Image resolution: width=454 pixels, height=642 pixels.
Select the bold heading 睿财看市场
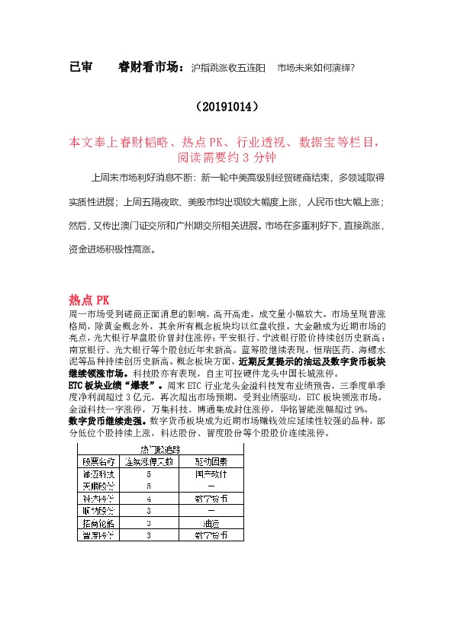point(151,68)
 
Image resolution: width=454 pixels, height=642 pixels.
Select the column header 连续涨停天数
point(150,462)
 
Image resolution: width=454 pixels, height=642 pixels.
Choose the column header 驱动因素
point(211,462)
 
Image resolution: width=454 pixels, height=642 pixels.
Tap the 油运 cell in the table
point(211,524)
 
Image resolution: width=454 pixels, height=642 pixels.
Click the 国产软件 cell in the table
point(211,473)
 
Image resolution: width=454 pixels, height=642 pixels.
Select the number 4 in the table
point(149,499)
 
